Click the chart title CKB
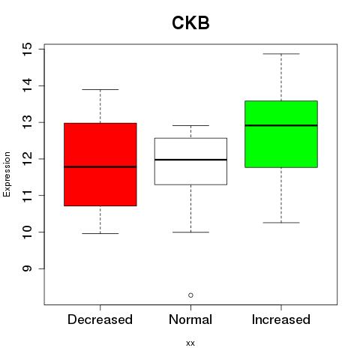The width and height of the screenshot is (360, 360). pyautogui.click(x=190, y=22)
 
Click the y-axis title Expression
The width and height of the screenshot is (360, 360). pyautogui.click(x=7, y=174)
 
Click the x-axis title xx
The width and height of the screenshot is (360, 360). pyautogui.click(x=190, y=343)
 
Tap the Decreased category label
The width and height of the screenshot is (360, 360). pyautogui.click(x=100, y=319)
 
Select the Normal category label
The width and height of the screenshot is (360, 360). pyautogui.click(x=190, y=319)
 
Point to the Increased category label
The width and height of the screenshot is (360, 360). pyautogui.click(x=281, y=319)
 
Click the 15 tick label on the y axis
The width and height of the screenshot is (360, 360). pyautogui.click(x=27, y=49)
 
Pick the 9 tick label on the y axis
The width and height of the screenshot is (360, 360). pyautogui.click(x=27, y=268)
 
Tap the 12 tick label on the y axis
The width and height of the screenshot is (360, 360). pyautogui.click(x=27, y=159)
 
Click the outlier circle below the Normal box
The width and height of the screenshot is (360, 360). pyautogui.click(x=190, y=295)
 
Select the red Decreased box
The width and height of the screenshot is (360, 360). pyautogui.click(x=100, y=164)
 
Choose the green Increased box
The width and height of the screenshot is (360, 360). pyautogui.click(x=281, y=134)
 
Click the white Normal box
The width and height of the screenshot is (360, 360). pyautogui.click(x=190, y=161)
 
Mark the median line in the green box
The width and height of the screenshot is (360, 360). pyautogui.click(x=281, y=125)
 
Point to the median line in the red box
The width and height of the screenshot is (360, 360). pyautogui.click(x=100, y=166)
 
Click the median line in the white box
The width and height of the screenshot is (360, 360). pyautogui.click(x=190, y=160)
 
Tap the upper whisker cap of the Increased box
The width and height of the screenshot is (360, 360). pyautogui.click(x=281, y=54)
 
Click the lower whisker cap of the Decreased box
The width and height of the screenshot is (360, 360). pyautogui.click(x=100, y=233)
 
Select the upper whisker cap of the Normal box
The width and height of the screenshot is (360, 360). pyautogui.click(x=190, y=125)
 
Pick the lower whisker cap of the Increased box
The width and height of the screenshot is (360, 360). pyautogui.click(x=281, y=223)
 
